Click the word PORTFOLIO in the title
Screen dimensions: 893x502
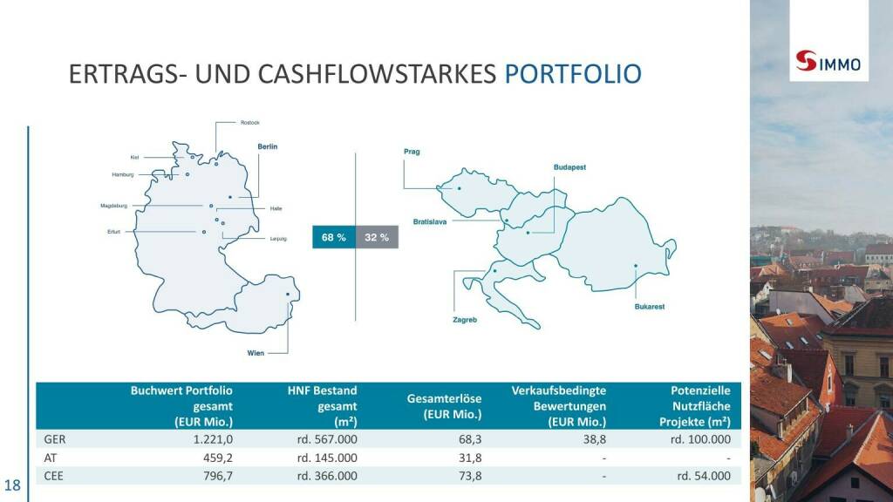click(573, 74)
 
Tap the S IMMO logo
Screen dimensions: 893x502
click(828, 62)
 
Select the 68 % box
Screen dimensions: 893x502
click(334, 237)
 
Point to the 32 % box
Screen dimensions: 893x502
click(377, 237)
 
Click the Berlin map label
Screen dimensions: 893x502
click(268, 146)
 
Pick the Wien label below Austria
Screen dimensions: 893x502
click(256, 353)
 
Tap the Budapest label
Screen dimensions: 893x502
click(569, 167)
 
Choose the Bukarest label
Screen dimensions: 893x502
click(650, 307)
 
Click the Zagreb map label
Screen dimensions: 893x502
click(465, 320)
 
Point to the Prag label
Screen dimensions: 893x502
click(412, 152)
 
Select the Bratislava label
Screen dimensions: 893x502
click(430, 222)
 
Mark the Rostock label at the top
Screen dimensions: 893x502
click(250, 123)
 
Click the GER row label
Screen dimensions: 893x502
click(55, 439)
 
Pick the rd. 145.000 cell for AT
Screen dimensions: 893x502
click(328, 458)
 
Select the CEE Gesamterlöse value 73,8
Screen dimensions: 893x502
click(470, 476)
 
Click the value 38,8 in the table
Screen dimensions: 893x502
click(595, 439)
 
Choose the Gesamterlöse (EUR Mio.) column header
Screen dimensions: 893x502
click(444, 406)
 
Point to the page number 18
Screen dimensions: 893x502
click(12, 485)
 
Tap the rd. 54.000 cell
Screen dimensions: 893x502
click(704, 476)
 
